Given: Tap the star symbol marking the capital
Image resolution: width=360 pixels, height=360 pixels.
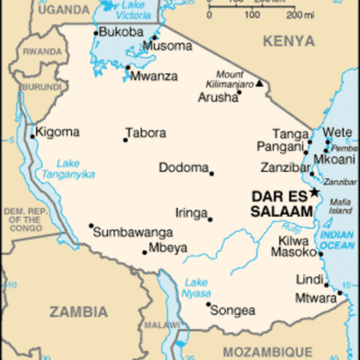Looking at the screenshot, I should [x=314, y=192].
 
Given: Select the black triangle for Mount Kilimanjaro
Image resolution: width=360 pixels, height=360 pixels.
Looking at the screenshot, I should [x=261, y=84].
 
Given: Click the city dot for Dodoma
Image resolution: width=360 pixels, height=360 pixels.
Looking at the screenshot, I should [x=212, y=173].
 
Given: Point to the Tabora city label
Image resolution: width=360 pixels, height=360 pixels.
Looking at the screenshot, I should [x=146, y=133].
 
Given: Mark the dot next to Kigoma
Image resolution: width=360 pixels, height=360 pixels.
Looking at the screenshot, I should [x=33, y=137].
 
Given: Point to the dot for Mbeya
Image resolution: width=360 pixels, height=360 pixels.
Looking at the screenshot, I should [x=145, y=252].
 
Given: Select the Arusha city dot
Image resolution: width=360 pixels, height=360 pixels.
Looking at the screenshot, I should [x=238, y=92].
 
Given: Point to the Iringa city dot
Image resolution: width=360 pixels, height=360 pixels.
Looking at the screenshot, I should [x=211, y=219].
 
